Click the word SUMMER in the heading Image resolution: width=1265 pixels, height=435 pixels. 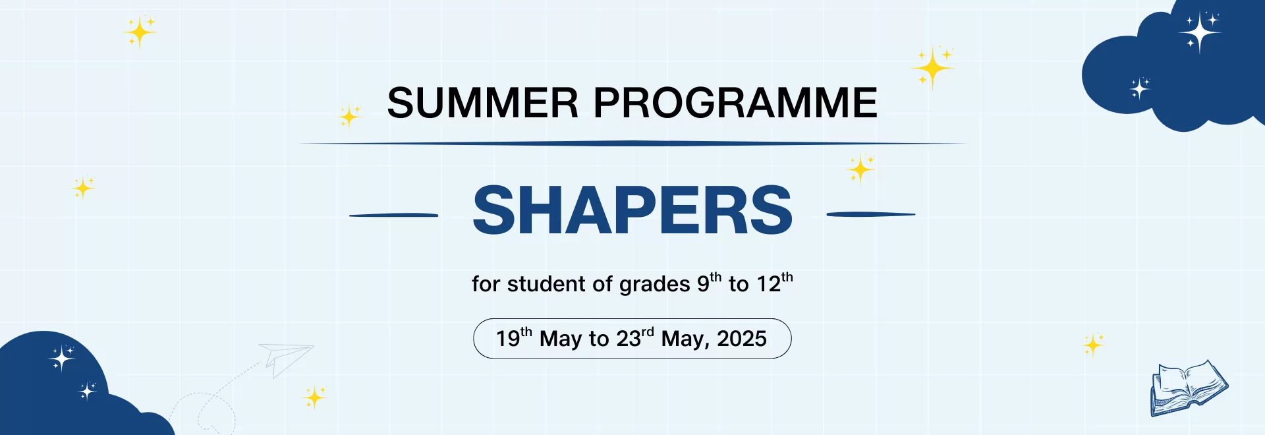point(482,103)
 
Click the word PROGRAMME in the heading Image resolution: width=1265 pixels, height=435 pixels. point(735,103)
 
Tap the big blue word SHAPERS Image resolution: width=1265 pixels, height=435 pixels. point(632,210)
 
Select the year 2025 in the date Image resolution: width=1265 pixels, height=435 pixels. point(741,339)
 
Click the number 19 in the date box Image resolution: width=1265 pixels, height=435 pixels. point(508,339)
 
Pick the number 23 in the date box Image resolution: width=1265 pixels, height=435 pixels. point(629,339)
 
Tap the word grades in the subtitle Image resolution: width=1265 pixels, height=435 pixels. point(645,284)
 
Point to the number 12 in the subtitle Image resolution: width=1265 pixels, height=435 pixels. point(768,284)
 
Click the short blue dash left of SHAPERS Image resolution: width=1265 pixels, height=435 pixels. point(393,215)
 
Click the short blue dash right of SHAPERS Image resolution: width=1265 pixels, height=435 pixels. point(870,214)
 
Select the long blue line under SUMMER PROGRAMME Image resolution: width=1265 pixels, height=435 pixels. point(632,143)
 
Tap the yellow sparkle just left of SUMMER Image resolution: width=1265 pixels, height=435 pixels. point(349,117)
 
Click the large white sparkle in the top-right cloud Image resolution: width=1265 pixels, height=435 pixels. point(1200,32)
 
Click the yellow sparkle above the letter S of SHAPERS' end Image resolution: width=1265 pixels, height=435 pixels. point(860,169)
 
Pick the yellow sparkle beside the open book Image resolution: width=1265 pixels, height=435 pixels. point(1093,344)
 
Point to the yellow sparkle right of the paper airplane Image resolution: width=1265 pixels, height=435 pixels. point(314,397)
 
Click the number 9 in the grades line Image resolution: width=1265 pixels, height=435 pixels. point(703,284)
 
